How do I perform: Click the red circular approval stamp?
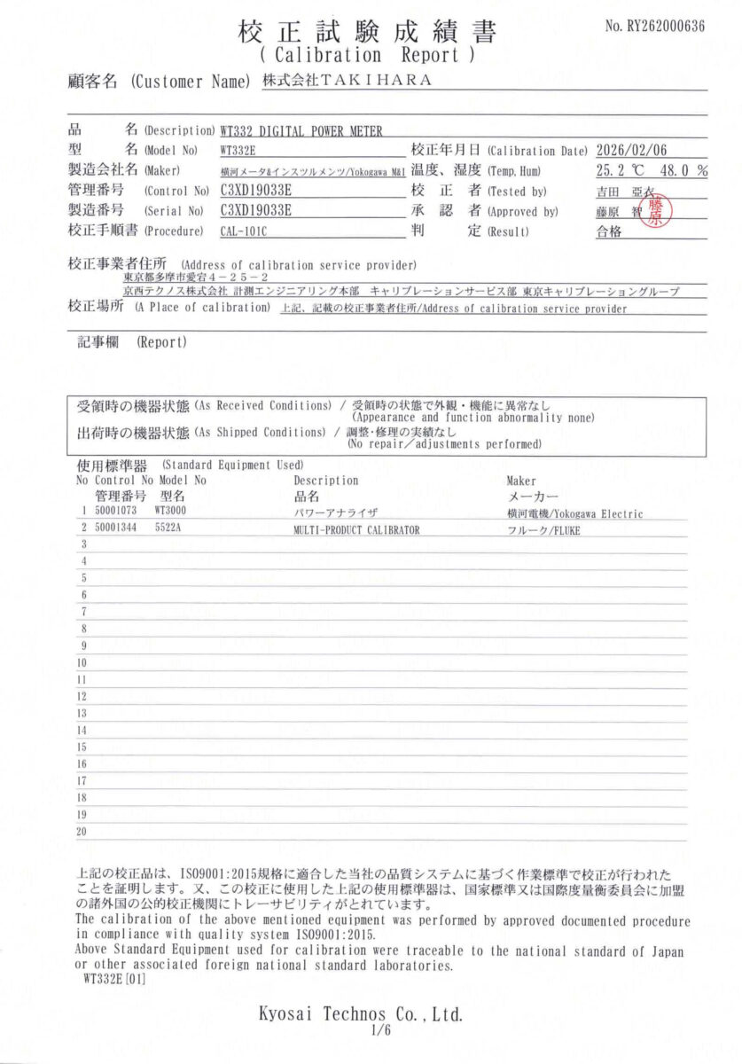(x=655, y=211)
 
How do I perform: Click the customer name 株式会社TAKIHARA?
(x=347, y=81)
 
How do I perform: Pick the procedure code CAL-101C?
(x=243, y=231)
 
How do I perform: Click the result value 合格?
(x=610, y=231)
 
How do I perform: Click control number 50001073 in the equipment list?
(x=116, y=512)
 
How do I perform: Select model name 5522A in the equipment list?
(x=167, y=528)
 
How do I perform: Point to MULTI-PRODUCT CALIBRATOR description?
(x=355, y=529)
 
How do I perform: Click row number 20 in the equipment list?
(x=82, y=832)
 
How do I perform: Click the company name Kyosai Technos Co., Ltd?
(x=361, y=1013)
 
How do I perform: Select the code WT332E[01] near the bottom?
(x=114, y=980)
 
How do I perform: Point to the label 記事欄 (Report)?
(x=131, y=341)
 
